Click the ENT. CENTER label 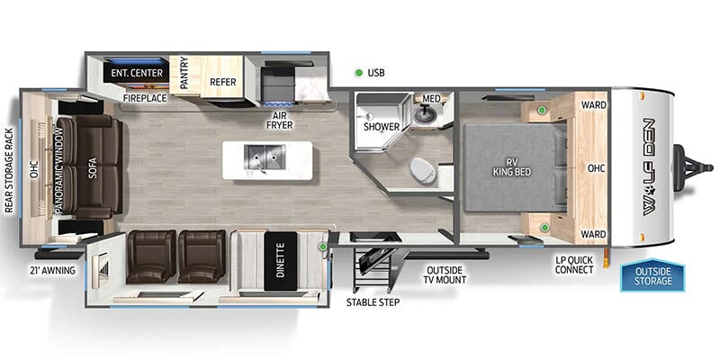(137, 73)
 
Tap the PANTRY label (184, 73)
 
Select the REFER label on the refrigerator (222, 82)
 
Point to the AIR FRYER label (279, 120)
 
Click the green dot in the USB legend (358, 73)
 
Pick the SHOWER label (382, 127)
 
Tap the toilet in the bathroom (422, 170)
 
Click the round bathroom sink (423, 115)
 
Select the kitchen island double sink (265, 157)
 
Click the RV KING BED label (512, 167)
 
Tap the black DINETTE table (281, 260)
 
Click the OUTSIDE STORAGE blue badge (652, 276)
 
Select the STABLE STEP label (373, 302)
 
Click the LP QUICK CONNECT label (574, 265)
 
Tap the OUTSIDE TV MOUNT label (445, 274)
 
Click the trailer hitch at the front (692, 167)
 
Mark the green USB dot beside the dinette (323, 247)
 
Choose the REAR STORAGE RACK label (9, 170)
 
